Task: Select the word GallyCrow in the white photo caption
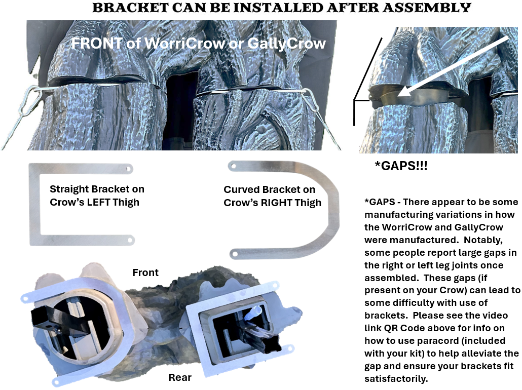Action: (286, 44)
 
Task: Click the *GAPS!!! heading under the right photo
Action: (401, 166)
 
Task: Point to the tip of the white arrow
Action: (398, 96)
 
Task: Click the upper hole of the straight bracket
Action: (128, 169)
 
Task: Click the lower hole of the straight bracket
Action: (130, 240)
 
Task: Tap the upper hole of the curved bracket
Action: (234, 166)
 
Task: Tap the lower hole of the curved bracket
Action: (235, 255)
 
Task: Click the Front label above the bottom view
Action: (145, 272)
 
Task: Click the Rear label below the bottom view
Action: (180, 377)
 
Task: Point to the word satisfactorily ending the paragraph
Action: (395, 379)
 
